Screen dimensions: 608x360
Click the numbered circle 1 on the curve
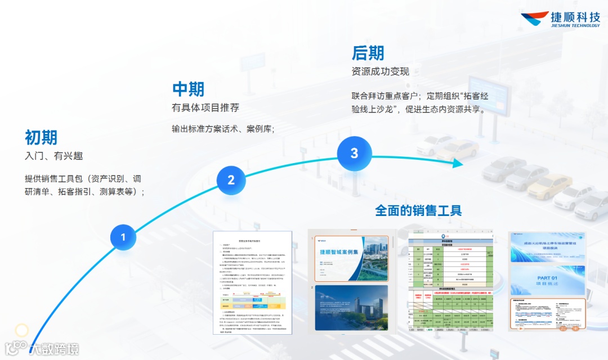123,237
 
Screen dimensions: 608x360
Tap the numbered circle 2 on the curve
231,180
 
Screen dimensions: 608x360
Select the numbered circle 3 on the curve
354,153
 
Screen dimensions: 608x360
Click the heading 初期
41,137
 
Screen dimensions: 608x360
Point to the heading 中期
188,89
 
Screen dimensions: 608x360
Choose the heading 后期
368,53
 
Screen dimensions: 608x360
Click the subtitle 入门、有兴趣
53,156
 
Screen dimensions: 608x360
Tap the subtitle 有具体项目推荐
205,107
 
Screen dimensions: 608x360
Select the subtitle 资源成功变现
380,71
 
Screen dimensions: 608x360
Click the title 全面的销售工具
418,210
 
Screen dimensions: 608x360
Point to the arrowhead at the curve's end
457,163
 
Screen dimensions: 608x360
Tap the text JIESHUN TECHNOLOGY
575,25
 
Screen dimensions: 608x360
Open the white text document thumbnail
253,282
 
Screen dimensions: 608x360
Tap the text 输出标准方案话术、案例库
223,129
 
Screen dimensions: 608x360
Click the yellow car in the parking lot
548,185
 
